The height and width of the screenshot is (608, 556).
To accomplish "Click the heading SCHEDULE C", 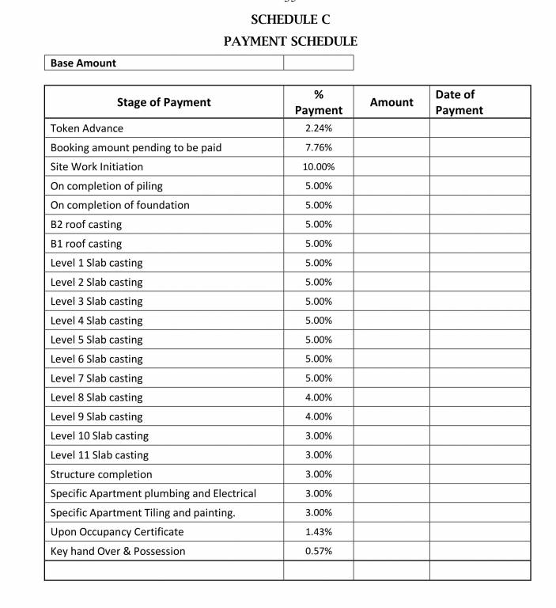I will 290,20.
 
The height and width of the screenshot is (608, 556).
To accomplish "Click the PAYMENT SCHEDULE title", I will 290,41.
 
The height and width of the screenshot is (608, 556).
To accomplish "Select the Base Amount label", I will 83,63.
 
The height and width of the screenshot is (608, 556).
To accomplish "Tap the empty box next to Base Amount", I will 318,63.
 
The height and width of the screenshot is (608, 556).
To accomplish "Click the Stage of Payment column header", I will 164,102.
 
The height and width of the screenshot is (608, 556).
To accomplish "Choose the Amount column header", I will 391,102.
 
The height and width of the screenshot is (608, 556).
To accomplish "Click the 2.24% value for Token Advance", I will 318,128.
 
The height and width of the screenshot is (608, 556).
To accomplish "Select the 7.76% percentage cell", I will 318,147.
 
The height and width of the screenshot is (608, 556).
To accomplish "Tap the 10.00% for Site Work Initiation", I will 318,167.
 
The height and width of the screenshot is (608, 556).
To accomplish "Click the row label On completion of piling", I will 107,186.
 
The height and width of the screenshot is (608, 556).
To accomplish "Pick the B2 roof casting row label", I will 86,225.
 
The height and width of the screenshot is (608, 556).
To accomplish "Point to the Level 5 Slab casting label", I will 96,340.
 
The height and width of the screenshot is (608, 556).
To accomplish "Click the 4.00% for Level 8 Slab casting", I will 318,397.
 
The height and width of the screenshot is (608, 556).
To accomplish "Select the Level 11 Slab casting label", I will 100,455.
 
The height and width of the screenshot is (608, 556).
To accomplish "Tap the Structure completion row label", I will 101,474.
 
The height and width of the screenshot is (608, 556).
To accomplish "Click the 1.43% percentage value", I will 318,532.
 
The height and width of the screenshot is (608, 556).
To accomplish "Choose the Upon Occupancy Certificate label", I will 117,532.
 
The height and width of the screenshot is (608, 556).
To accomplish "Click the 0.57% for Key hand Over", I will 318,551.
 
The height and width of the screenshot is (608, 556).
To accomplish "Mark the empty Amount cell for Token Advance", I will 391,128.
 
